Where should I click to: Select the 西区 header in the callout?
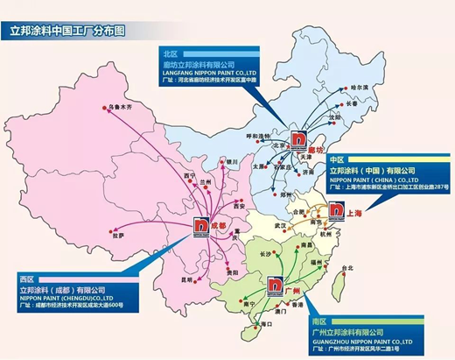point(27,279)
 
